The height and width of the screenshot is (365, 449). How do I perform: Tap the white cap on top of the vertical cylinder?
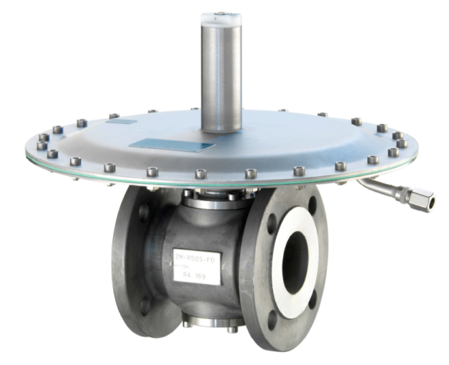(221, 21)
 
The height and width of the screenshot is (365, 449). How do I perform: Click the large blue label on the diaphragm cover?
(172, 145)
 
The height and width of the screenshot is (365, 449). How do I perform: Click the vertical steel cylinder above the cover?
(221, 79)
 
